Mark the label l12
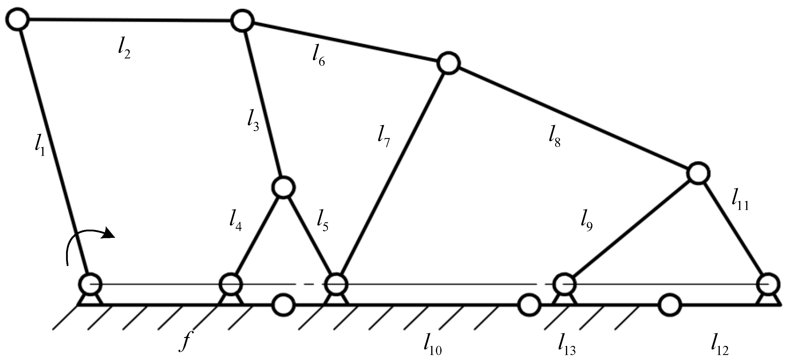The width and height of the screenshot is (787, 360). (720, 346)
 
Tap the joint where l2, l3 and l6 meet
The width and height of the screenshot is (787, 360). (242, 21)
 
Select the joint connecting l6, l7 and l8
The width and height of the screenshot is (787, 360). (449, 63)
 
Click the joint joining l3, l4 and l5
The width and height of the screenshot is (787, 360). (284, 187)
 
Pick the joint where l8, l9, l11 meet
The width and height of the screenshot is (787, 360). (698, 173)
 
